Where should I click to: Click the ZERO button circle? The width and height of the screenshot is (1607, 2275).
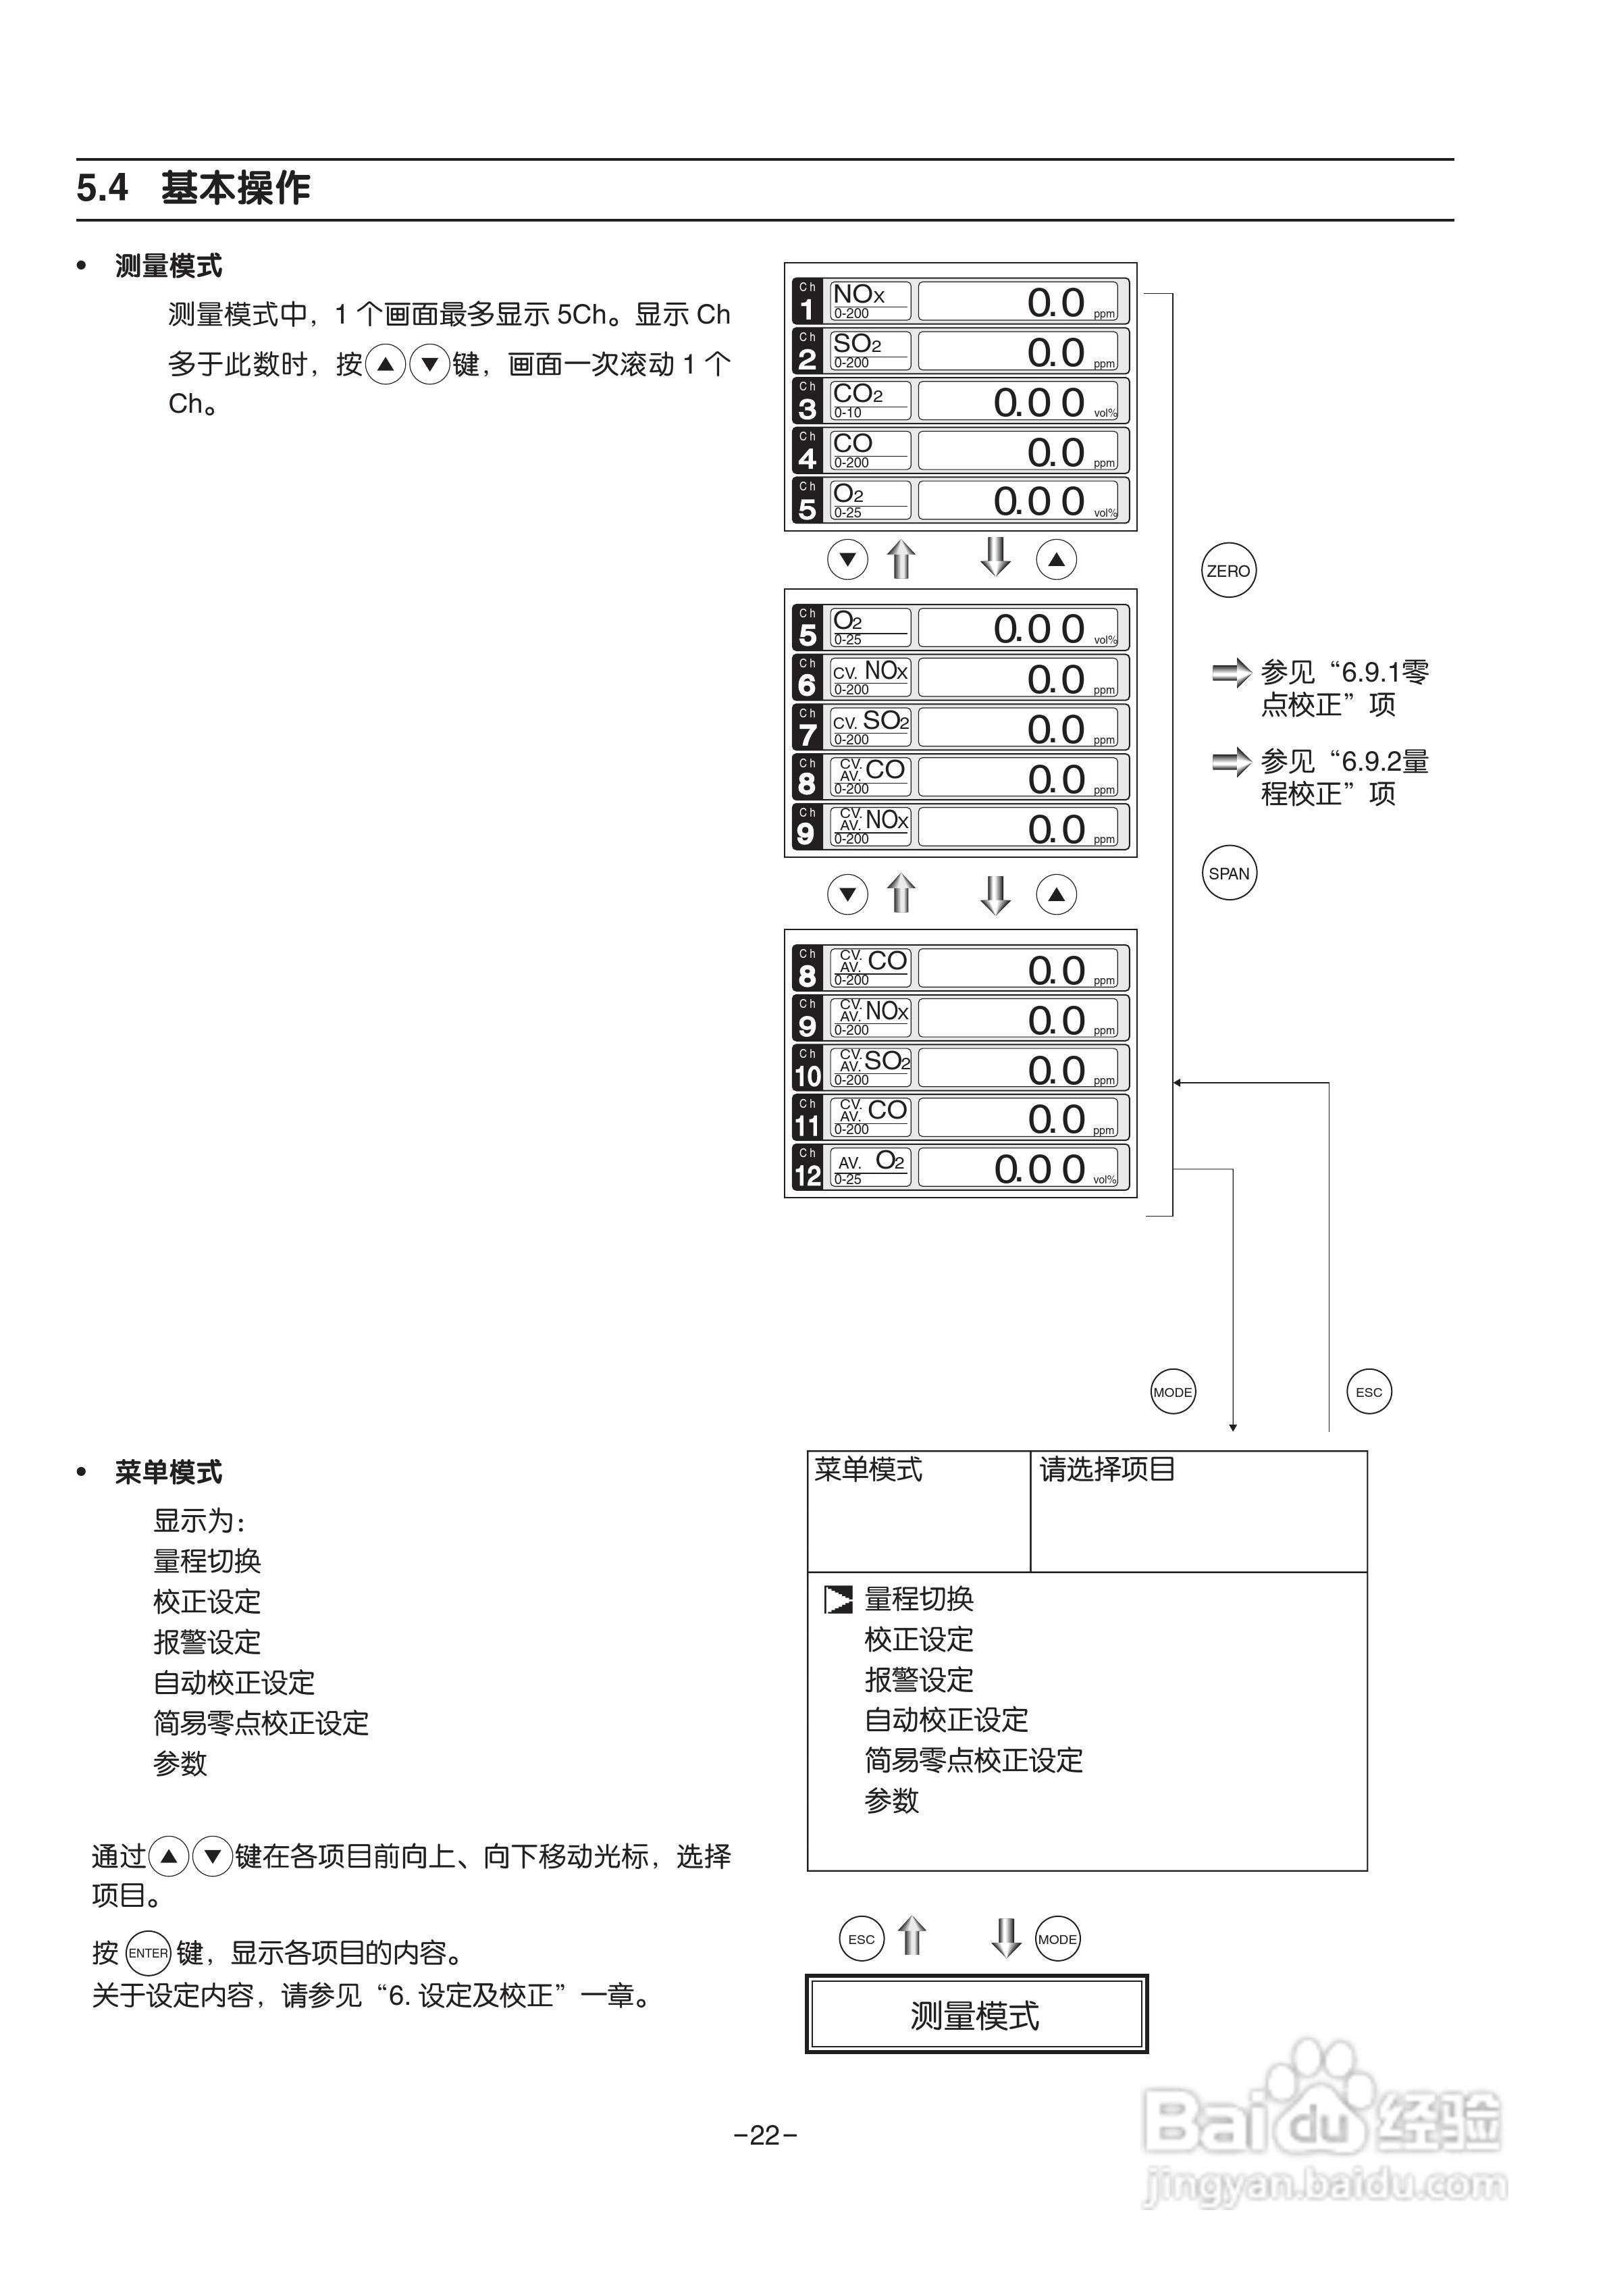[x=1228, y=571]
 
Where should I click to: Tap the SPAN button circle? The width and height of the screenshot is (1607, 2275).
[x=1228, y=873]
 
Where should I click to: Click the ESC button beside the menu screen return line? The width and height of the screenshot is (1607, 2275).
[x=1369, y=1392]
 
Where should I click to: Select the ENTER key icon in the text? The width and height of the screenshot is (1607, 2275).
[x=149, y=1953]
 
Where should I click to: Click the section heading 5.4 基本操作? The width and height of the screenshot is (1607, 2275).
[x=194, y=187]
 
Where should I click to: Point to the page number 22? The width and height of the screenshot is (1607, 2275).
[x=765, y=2135]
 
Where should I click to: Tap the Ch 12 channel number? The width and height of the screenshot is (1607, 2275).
[x=808, y=1175]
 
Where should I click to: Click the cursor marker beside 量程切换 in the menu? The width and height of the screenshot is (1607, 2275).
[x=838, y=1600]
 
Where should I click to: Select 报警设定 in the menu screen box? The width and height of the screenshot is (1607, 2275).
[x=918, y=1679]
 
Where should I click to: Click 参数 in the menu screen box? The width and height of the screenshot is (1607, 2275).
[x=892, y=1800]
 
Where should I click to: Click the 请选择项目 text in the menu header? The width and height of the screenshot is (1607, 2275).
[x=1107, y=1469]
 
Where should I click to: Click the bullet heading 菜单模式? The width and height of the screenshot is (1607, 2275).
[x=168, y=1473]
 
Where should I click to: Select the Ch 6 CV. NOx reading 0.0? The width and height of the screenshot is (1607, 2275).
[x=1056, y=680]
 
